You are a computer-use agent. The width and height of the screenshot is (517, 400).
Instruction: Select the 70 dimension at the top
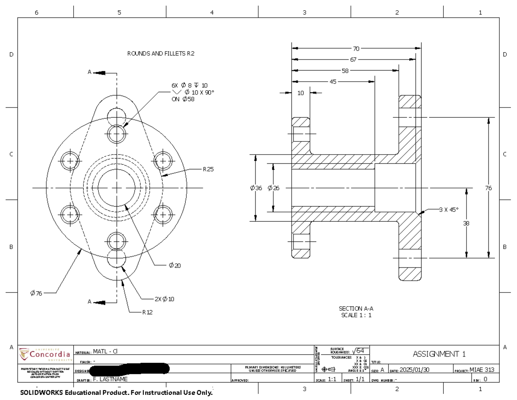coord(356,48)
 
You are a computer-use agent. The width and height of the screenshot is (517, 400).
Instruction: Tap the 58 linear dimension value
coord(345,70)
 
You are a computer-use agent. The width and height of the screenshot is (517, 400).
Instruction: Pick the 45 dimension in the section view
coord(333,81)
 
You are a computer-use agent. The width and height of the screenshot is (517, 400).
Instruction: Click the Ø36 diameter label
coord(256,188)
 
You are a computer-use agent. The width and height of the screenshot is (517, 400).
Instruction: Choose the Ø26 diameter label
coord(273,188)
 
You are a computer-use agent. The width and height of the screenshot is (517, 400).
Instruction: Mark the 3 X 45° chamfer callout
coord(448,209)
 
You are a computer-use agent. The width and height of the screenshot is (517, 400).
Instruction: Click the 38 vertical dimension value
coord(467,223)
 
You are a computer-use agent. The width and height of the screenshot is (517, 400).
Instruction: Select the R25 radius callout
coord(208,169)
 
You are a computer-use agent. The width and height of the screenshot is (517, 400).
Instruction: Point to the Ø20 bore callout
coord(174,265)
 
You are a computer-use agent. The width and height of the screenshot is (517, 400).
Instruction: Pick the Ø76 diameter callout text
coord(36,293)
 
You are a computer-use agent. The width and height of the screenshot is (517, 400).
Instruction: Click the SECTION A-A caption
coord(356,309)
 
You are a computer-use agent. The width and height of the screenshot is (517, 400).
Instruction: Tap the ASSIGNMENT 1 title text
coord(439,354)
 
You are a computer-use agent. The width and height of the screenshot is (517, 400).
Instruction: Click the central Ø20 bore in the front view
coord(116,188)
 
